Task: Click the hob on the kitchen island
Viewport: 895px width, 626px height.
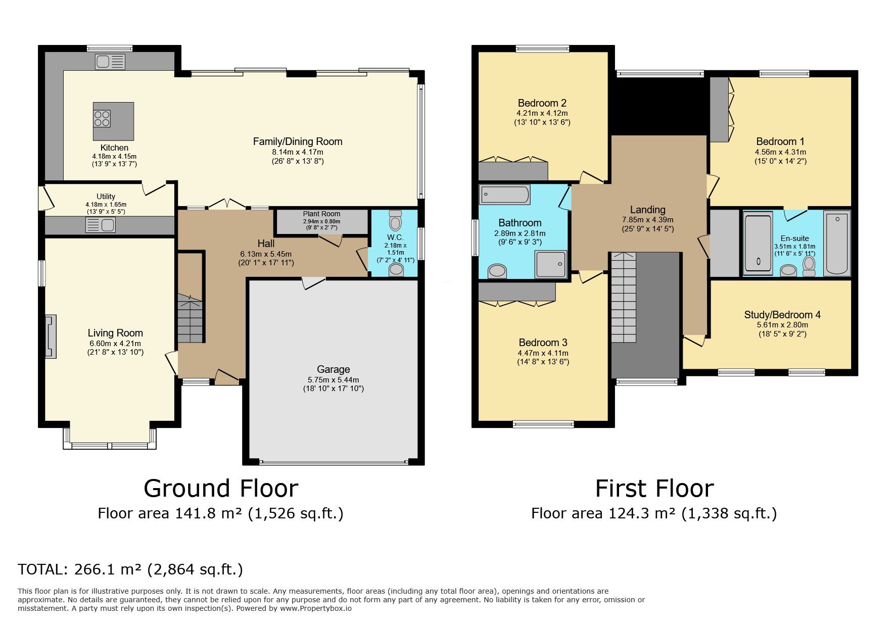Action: (x=102, y=119)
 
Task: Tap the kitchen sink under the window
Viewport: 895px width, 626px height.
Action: (x=110, y=62)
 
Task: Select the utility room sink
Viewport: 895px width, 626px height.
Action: (x=101, y=225)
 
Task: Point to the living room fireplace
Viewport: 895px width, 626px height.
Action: (x=51, y=336)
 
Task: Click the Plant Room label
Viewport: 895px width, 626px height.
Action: (x=322, y=214)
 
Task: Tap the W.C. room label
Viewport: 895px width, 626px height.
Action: (x=395, y=237)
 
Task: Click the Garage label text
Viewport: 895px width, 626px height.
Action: (x=334, y=369)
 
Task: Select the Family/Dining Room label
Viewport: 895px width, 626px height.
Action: (x=298, y=142)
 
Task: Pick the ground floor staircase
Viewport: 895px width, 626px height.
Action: (x=190, y=319)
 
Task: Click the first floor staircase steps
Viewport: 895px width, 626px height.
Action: (x=623, y=298)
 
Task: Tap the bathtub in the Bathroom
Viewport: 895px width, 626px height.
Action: (x=505, y=195)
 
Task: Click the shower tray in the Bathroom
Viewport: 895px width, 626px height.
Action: (x=551, y=264)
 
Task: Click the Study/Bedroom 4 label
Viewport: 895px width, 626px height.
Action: (x=782, y=315)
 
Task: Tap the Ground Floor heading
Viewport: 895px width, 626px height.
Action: (x=221, y=489)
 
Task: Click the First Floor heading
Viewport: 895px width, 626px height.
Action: (x=654, y=489)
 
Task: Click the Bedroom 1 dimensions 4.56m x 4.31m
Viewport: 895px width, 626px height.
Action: (x=780, y=152)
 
